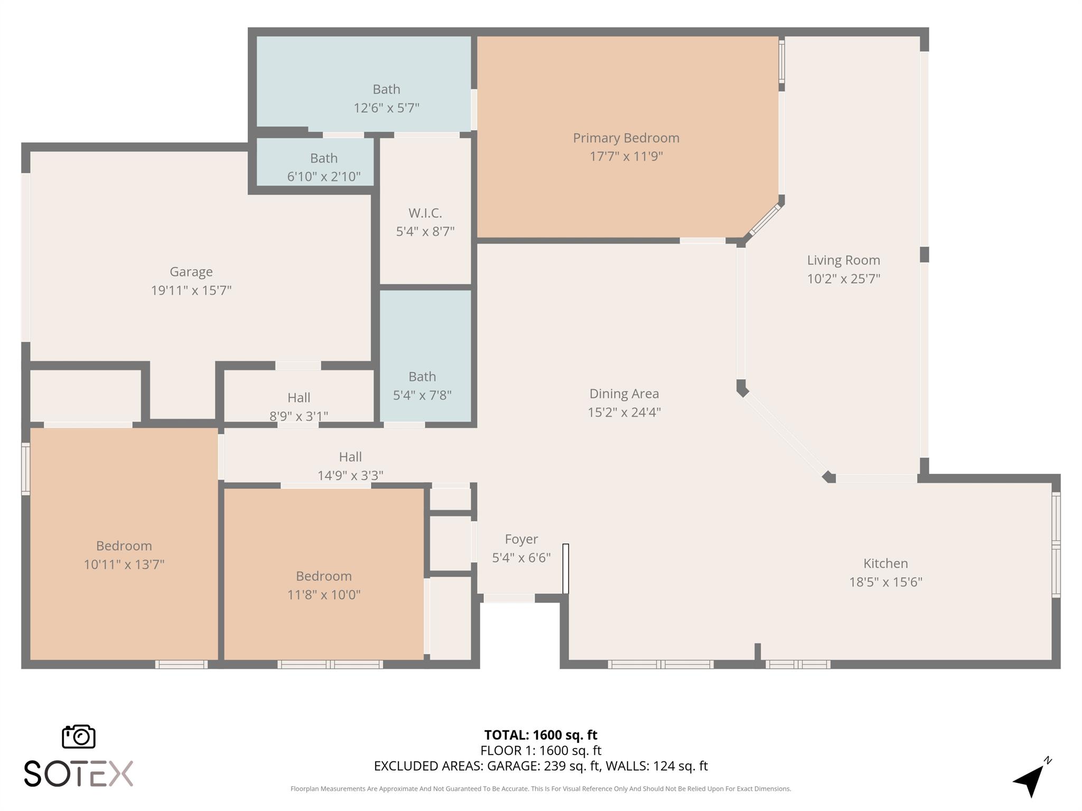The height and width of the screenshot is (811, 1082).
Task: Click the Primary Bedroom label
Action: pyautogui.click(x=626, y=138)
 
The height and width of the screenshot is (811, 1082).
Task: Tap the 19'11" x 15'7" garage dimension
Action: pyautogui.click(x=191, y=290)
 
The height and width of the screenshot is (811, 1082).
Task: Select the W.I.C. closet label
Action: pyautogui.click(x=425, y=213)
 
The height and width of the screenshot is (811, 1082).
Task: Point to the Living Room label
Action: pyautogui.click(x=843, y=260)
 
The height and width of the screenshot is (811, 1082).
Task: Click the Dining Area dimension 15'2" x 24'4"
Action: pyautogui.click(x=624, y=412)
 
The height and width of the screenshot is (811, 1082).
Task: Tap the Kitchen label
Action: pyautogui.click(x=885, y=563)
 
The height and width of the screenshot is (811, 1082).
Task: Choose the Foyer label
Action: pyautogui.click(x=521, y=539)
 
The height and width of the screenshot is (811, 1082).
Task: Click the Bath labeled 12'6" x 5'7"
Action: pyautogui.click(x=386, y=89)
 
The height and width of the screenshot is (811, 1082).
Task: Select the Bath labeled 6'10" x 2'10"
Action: pyautogui.click(x=323, y=158)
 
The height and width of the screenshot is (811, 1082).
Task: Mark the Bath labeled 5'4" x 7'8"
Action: pyautogui.click(x=422, y=377)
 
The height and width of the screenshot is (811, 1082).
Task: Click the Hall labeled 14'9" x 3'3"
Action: pyautogui.click(x=350, y=457)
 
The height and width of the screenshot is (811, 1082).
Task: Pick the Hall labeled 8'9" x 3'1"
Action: pyautogui.click(x=299, y=398)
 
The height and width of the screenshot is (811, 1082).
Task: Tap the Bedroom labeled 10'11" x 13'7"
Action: pyautogui.click(x=124, y=546)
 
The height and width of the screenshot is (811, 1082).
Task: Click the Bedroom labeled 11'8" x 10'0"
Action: pyautogui.click(x=323, y=576)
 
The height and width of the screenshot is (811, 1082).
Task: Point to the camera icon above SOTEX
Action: pyautogui.click(x=79, y=737)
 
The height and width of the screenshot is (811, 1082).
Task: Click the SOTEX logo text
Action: pyautogui.click(x=78, y=774)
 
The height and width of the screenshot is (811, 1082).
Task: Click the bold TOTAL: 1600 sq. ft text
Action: pyautogui.click(x=540, y=735)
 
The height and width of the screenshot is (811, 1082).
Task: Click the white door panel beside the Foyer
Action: pyautogui.click(x=565, y=569)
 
